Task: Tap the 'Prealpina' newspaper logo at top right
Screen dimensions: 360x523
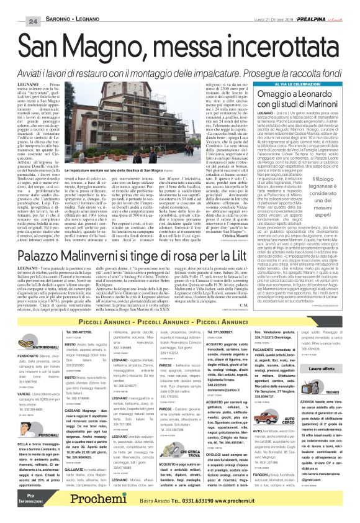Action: pyautogui.click(x=322, y=5)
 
